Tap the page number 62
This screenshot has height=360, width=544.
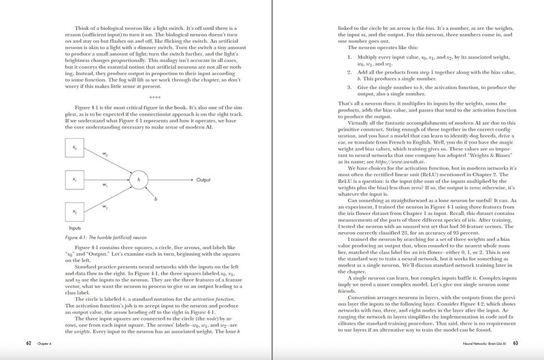pyautogui.click(x=27, y=342)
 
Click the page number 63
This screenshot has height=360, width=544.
pyautogui.click(x=515, y=342)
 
